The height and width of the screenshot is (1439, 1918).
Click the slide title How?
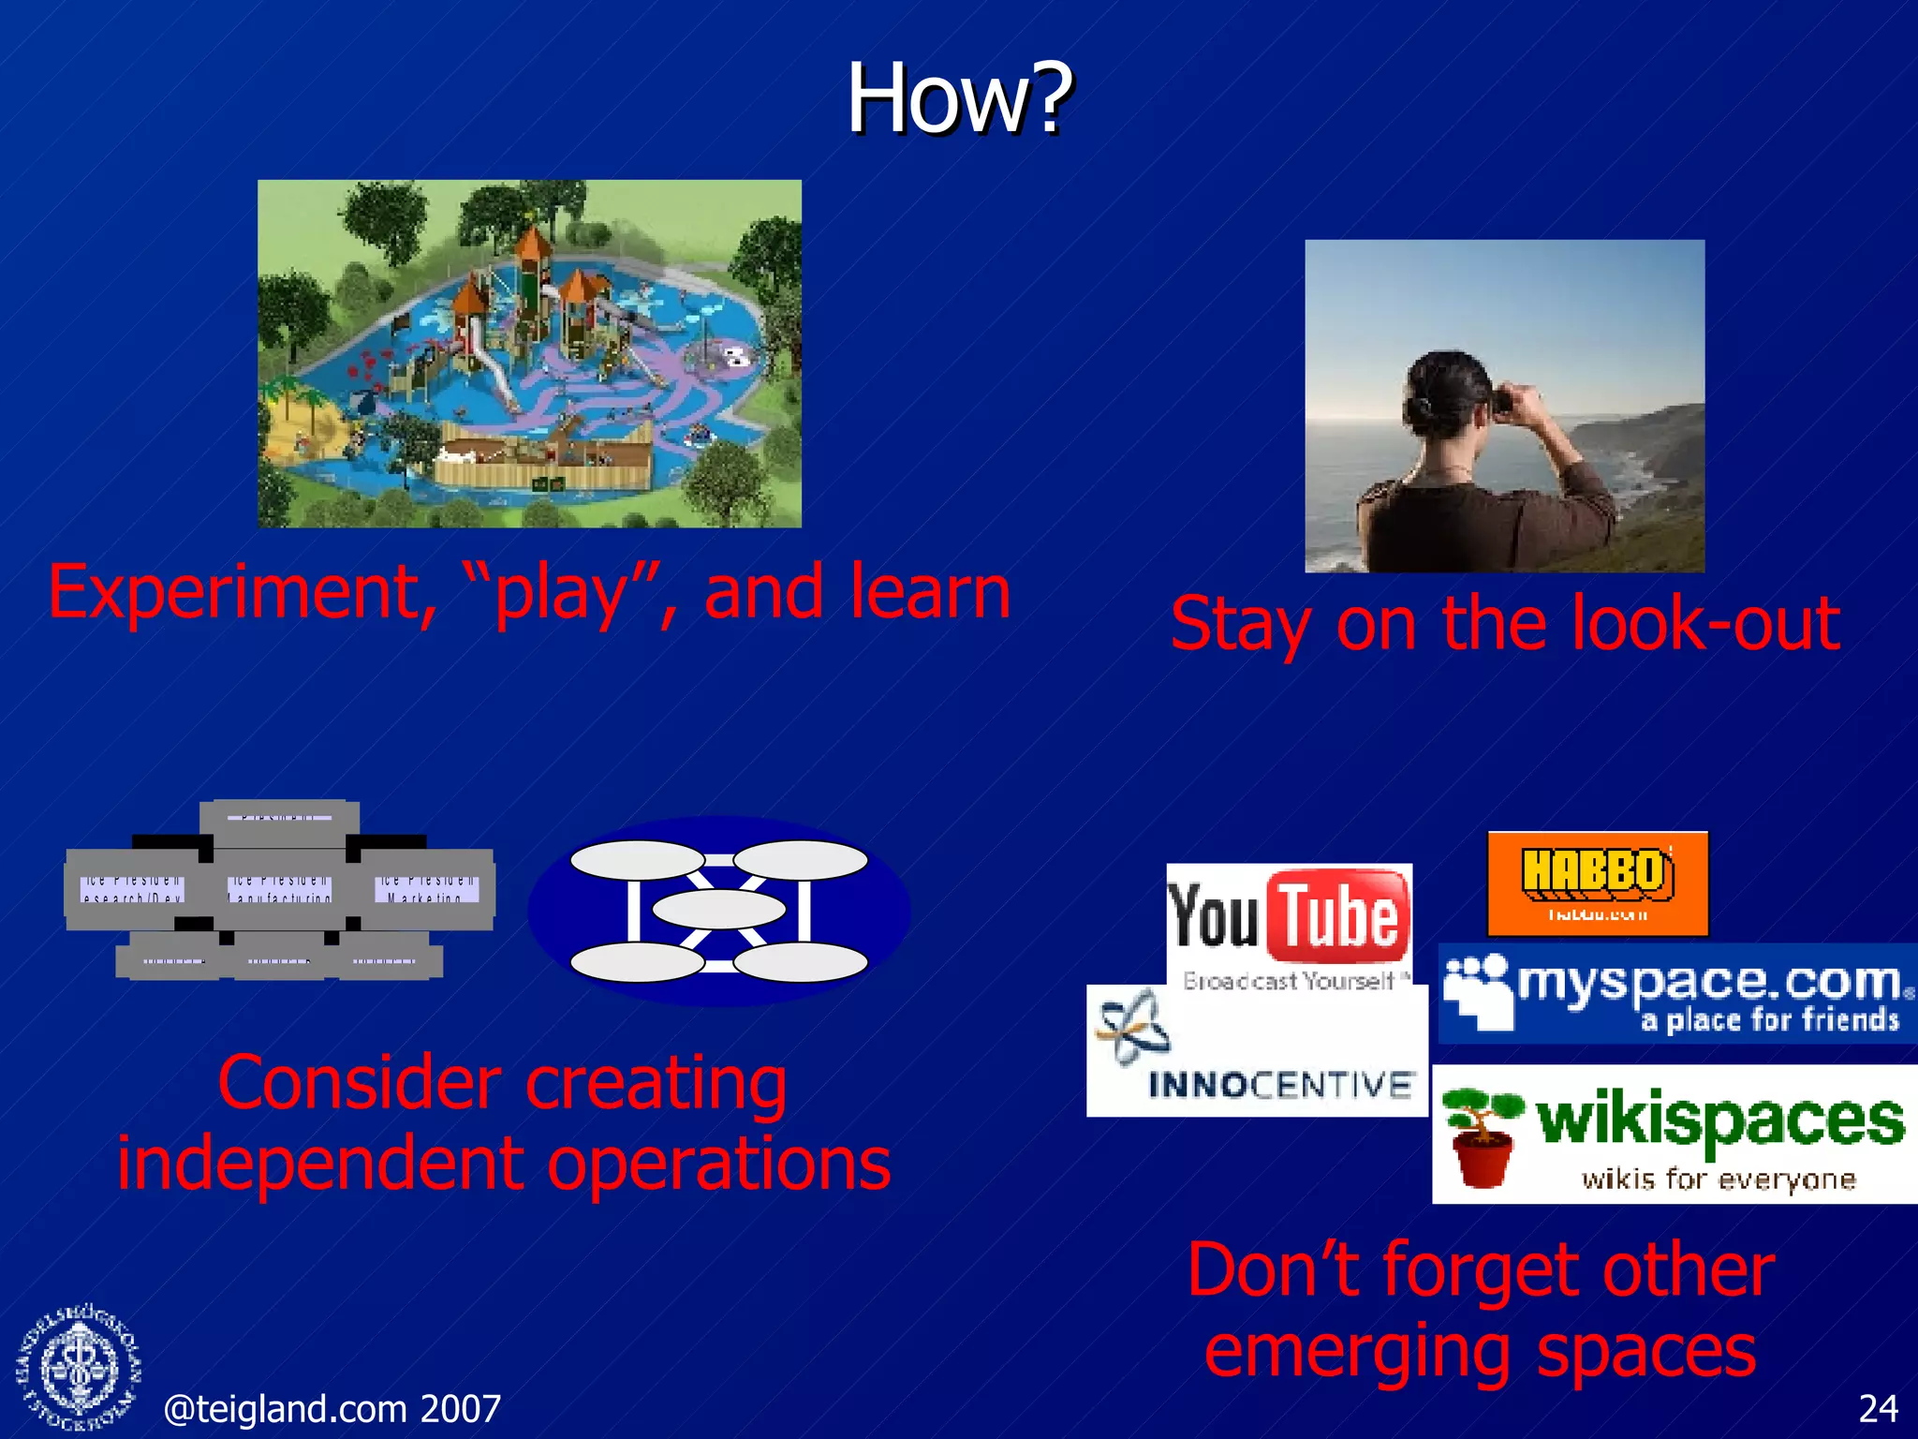tap(959, 98)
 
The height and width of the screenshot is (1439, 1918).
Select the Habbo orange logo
tap(1598, 883)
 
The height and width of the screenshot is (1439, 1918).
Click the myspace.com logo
tap(1676, 993)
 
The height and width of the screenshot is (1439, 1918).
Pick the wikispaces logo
tap(1675, 1134)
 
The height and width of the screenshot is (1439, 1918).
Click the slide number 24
tap(1877, 1408)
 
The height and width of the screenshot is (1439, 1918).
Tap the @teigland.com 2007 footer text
tap(332, 1408)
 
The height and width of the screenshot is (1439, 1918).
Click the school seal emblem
tap(80, 1368)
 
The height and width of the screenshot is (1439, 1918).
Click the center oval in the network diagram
tap(718, 909)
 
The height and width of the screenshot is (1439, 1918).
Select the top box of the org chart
tap(279, 817)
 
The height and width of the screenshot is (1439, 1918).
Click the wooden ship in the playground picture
tap(543, 454)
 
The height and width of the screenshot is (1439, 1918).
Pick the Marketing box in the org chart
tap(427, 888)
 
